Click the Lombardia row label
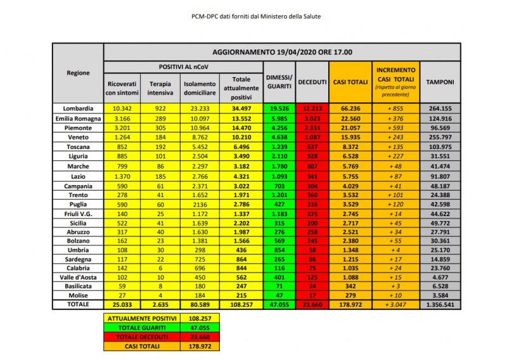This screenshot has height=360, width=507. [x=78, y=108]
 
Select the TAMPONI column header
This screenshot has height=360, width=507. [x=439, y=82]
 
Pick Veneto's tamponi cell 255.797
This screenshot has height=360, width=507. [x=439, y=136]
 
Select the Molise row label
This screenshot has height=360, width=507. [x=78, y=295]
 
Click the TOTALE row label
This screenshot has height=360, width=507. [x=78, y=304]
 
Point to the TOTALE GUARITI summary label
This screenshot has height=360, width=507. [x=136, y=327]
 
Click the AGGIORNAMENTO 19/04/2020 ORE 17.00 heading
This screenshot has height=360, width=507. [x=282, y=52]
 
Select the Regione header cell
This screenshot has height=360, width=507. [x=78, y=73]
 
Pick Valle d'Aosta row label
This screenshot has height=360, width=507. [x=78, y=276]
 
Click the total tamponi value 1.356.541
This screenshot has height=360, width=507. [x=439, y=304]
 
